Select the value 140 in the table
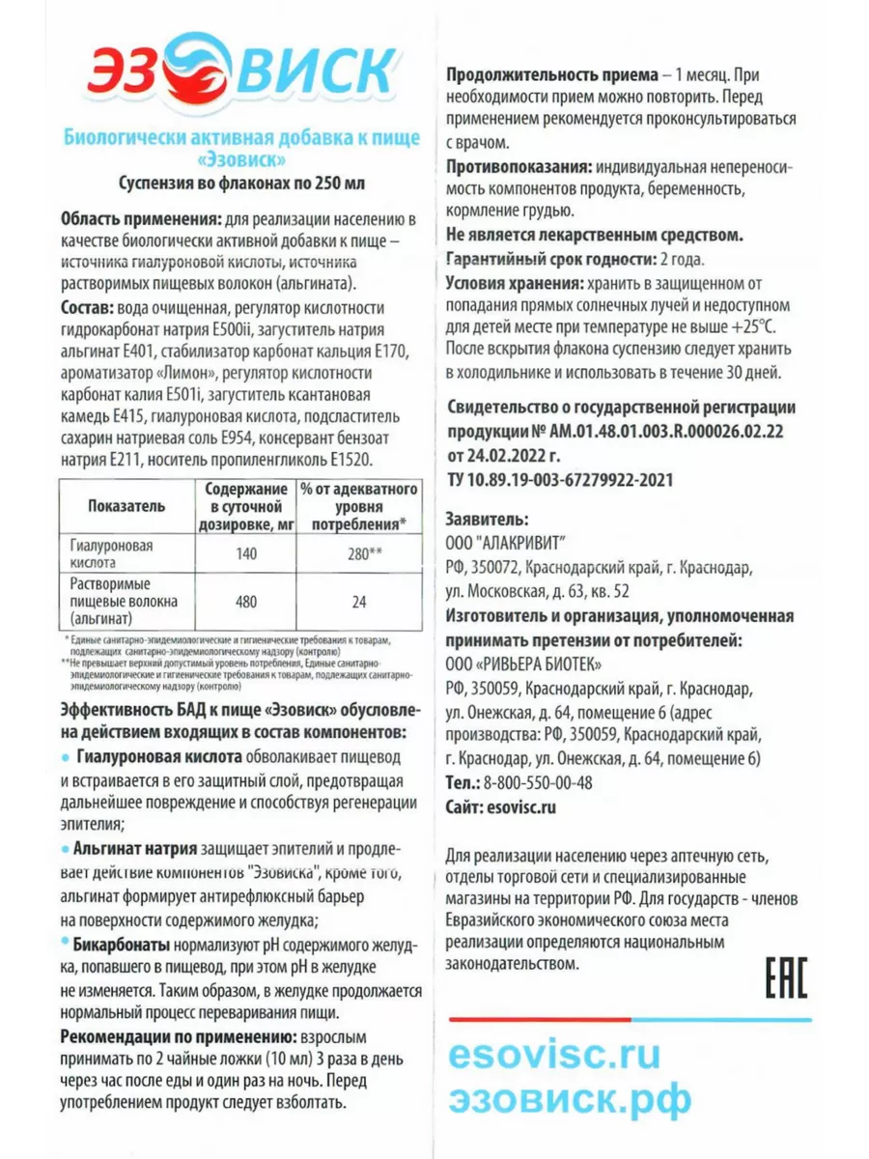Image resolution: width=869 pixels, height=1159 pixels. (x=246, y=554)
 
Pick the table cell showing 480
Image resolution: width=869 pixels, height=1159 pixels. (x=246, y=602)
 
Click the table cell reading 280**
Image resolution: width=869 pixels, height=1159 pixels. (x=359, y=554)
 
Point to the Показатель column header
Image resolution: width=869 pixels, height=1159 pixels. (x=126, y=505)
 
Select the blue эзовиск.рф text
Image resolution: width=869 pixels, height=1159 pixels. (x=570, y=1099)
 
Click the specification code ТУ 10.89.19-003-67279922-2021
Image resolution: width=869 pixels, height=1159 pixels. (x=559, y=479)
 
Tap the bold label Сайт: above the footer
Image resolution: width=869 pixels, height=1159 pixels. (x=466, y=807)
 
